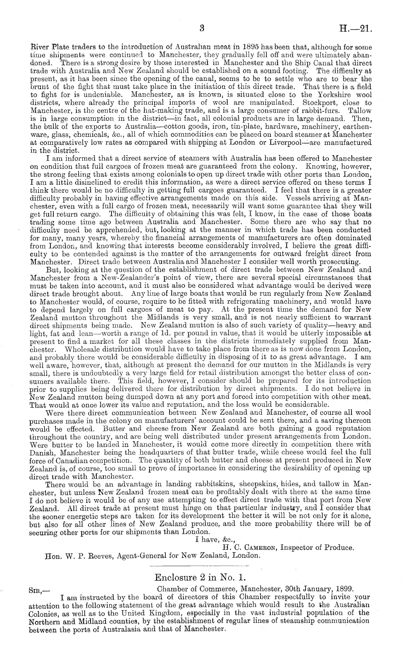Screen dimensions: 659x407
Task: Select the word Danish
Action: [39, 452]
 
